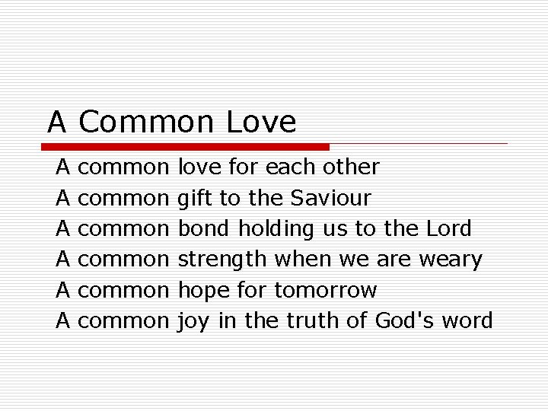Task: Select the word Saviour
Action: pos(330,198)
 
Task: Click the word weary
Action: pos(451,260)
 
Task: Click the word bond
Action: pos(205,228)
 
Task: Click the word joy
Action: pos(194,321)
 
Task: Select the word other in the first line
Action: pos(351,167)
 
